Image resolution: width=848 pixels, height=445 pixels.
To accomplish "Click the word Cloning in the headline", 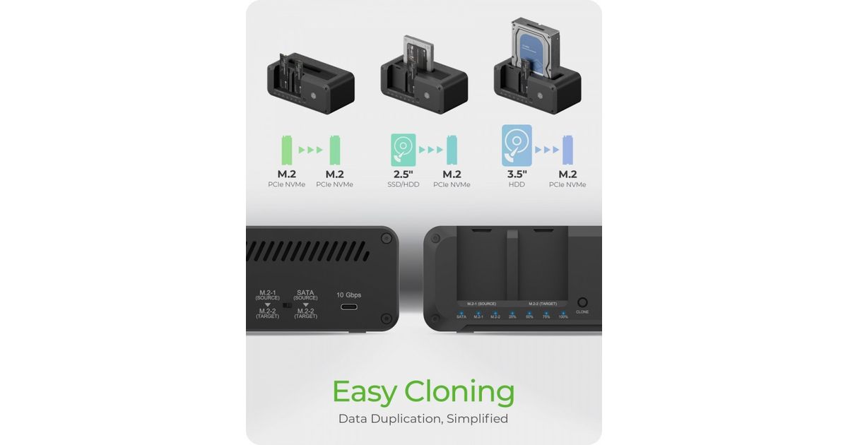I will pos(459,392).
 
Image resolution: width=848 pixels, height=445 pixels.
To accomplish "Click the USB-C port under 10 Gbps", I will pos(348,307).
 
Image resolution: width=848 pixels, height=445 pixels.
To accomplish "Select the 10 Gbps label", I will pos(348,295).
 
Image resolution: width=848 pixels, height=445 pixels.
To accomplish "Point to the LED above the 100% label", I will pos(563,311).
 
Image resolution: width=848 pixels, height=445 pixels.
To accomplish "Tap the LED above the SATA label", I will pos(461,311).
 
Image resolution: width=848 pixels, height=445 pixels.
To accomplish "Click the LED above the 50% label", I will pos(529,311).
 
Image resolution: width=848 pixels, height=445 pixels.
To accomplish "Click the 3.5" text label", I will pos(517,174).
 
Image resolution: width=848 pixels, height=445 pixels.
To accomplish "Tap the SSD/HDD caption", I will pos(404,185).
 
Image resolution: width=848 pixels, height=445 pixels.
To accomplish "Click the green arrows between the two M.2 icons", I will pos(310,150).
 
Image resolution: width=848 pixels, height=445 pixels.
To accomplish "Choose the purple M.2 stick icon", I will pos(568,150).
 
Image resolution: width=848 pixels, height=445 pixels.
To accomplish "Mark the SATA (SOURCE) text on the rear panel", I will pos(305,295).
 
